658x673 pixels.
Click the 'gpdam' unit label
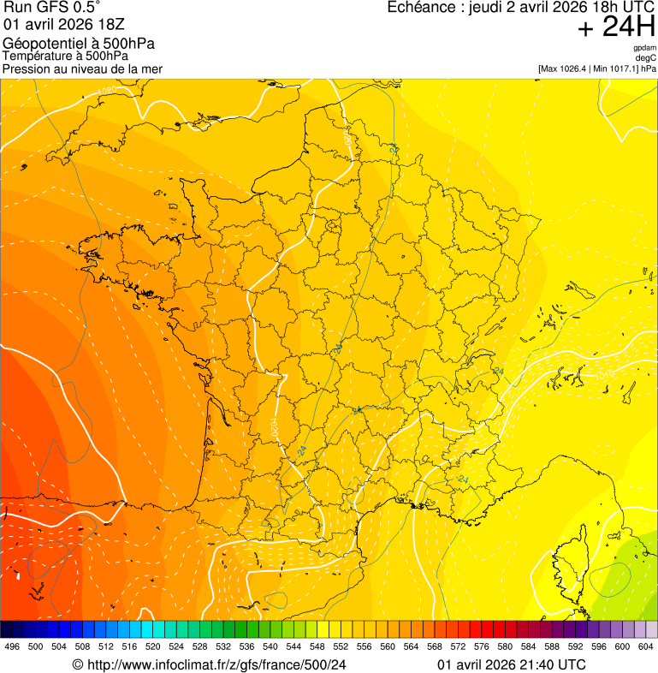click(644, 48)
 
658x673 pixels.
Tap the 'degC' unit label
click(646, 57)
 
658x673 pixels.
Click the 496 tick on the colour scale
click(12, 646)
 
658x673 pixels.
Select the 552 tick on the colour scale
click(340, 646)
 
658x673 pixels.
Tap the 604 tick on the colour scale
click(645, 646)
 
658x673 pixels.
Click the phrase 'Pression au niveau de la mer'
click(82, 68)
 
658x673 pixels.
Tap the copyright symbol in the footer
click(77, 664)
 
